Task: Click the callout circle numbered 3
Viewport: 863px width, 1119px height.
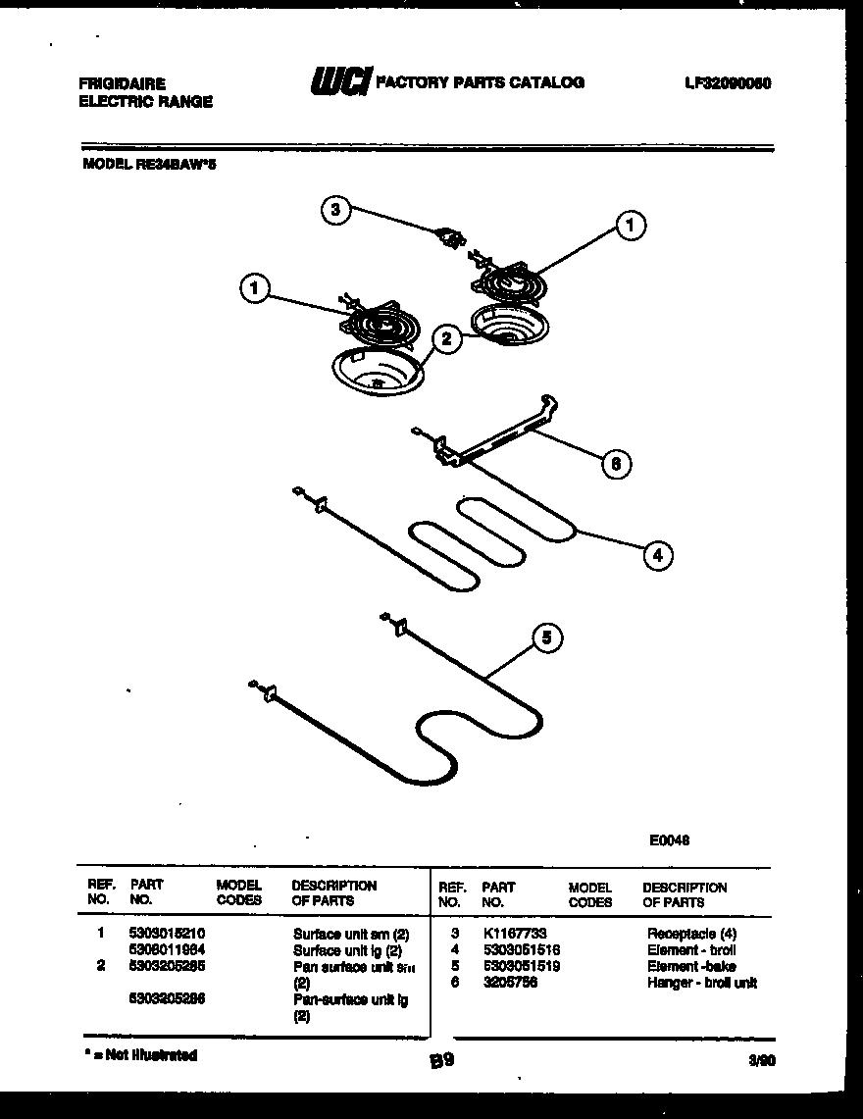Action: click(x=336, y=209)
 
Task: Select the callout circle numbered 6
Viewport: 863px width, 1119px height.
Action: click(x=615, y=463)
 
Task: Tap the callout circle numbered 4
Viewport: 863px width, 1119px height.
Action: click(x=658, y=556)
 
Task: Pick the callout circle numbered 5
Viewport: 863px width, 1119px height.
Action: click(x=547, y=638)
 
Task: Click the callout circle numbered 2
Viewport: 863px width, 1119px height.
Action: click(x=446, y=340)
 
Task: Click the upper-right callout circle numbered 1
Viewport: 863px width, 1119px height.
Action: click(x=631, y=226)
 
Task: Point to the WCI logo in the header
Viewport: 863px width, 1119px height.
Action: click(x=339, y=83)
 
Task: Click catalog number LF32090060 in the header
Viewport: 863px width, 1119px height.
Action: click(x=728, y=83)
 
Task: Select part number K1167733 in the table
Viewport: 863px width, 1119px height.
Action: click(x=515, y=934)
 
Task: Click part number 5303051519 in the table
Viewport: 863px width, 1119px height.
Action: click(x=521, y=966)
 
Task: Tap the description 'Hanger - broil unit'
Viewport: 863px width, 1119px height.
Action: click(x=701, y=982)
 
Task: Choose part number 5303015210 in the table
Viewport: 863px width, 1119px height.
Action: click(x=167, y=934)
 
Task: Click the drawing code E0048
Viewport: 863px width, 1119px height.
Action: click(x=670, y=839)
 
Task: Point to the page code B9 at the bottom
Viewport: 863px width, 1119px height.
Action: click(x=441, y=1060)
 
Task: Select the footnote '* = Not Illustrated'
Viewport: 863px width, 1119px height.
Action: click(x=141, y=1055)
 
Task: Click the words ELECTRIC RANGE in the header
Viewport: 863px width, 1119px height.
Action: click(x=145, y=101)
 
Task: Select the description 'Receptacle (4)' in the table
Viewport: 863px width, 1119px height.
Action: click(x=691, y=934)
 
